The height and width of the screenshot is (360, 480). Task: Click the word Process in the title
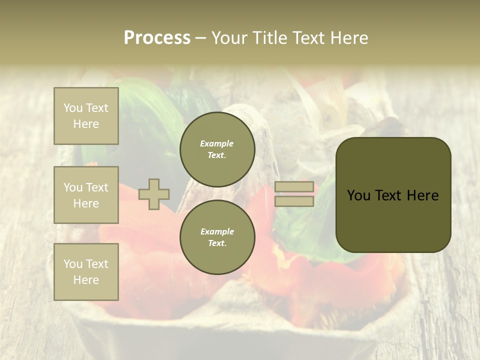(x=157, y=38)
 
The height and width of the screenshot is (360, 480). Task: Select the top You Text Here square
(x=86, y=116)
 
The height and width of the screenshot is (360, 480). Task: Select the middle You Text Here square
(x=86, y=195)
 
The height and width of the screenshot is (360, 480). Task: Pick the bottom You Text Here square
(x=86, y=272)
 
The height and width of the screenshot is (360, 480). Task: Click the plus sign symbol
(x=154, y=194)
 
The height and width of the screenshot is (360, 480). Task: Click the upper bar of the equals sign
(x=294, y=187)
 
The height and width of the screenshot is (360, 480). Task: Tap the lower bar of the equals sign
(x=294, y=201)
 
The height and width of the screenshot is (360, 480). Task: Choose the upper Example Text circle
(x=217, y=149)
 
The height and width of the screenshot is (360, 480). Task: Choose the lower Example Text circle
(x=217, y=237)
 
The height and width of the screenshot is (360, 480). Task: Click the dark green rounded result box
(x=393, y=195)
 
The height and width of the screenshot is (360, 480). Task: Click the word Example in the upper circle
(x=217, y=143)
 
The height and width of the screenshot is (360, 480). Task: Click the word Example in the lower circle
(x=217, y=231)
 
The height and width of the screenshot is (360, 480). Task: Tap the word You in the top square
(x=73, y=108)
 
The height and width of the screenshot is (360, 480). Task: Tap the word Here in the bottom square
(x=86, y=280)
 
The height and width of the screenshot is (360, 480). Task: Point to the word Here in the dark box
(x=422, y=195)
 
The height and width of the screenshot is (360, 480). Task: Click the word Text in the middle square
(x=97, y=187)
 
